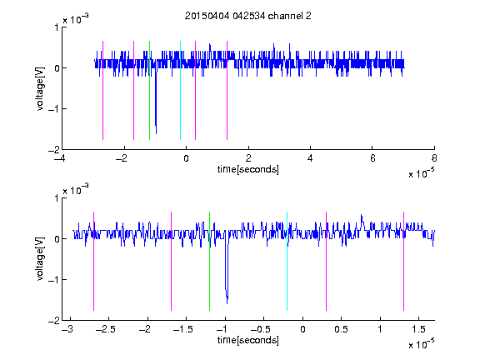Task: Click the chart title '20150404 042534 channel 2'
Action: click(x=247, y=16)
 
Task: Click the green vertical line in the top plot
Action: click(x=149, y=90)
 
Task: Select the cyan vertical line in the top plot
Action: click(x=180, y=90)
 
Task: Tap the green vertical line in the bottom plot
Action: click(x=209, y=261)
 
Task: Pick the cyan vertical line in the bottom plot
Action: click(x=287, y=261)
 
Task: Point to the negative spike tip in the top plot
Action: click(x=156, y=134)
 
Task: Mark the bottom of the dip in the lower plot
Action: click(x=227, y=303)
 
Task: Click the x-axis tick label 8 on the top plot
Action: click(x=434, y=158)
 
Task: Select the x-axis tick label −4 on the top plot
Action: click(x=60, y=158)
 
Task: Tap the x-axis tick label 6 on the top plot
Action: click(x=372, y=158)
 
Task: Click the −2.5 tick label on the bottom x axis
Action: click(x=105, y=329)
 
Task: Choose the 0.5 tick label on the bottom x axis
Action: click(x=342, y=329)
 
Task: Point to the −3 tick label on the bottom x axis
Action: click(x=67, y=329)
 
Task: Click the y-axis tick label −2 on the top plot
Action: click(x=53, y=150)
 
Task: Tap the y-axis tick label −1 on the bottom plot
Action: click(x=53, y=279)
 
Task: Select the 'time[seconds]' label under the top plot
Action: click(x=248, y=169)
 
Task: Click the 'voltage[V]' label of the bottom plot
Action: click(x=40, y=259)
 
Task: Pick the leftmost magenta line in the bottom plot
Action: click(x=93, y=261)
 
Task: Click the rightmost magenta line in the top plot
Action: click(x=227, y=90)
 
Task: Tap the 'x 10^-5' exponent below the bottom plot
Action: click(x=421, y=343)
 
